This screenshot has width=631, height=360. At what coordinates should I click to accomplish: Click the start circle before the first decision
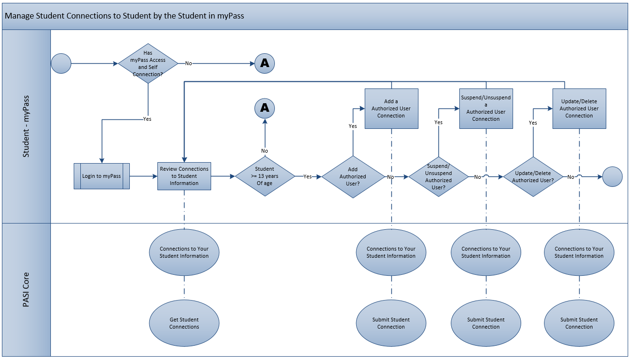tap(61, 63)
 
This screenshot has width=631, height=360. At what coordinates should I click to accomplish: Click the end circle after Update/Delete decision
tap(612, 176)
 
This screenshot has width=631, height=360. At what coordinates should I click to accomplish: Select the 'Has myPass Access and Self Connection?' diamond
tap(148, 63)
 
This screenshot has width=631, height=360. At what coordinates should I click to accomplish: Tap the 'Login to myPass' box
tap(101, 176)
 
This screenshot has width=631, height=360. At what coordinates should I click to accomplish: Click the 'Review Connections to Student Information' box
tap(184, 176)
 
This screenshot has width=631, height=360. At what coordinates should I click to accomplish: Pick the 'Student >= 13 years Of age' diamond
tap(264, 176)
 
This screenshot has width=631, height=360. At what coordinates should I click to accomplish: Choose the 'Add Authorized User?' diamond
tap(352, 176)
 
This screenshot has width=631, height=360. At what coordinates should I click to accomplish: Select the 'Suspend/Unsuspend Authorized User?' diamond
tap(438, 176)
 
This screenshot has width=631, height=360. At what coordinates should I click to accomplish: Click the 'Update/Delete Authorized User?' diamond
tap(533, 176)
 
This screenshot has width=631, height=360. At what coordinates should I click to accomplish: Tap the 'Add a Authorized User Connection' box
tap(391, 108)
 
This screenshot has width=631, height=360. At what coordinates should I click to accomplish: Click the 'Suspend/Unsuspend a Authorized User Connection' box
tap(485, 108)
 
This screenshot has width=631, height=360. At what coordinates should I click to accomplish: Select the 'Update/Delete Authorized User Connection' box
tap(579, 108)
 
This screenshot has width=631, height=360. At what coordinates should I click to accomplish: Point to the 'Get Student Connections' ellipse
tap(184, 323)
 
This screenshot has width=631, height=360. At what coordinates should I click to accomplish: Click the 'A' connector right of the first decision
tap(264, 63)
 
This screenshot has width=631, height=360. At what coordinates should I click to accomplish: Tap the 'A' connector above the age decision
tap(264, 108)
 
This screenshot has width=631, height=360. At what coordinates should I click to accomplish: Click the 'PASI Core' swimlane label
tap(26, 290)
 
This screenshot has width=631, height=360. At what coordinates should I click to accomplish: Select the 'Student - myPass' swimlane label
tap(26, 126)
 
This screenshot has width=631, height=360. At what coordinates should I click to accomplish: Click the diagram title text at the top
tap(124, 16)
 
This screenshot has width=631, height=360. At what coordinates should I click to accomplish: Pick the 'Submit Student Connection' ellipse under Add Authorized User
tap(391, 323)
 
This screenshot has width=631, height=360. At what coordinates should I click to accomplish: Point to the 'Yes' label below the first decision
tap(147, 119)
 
